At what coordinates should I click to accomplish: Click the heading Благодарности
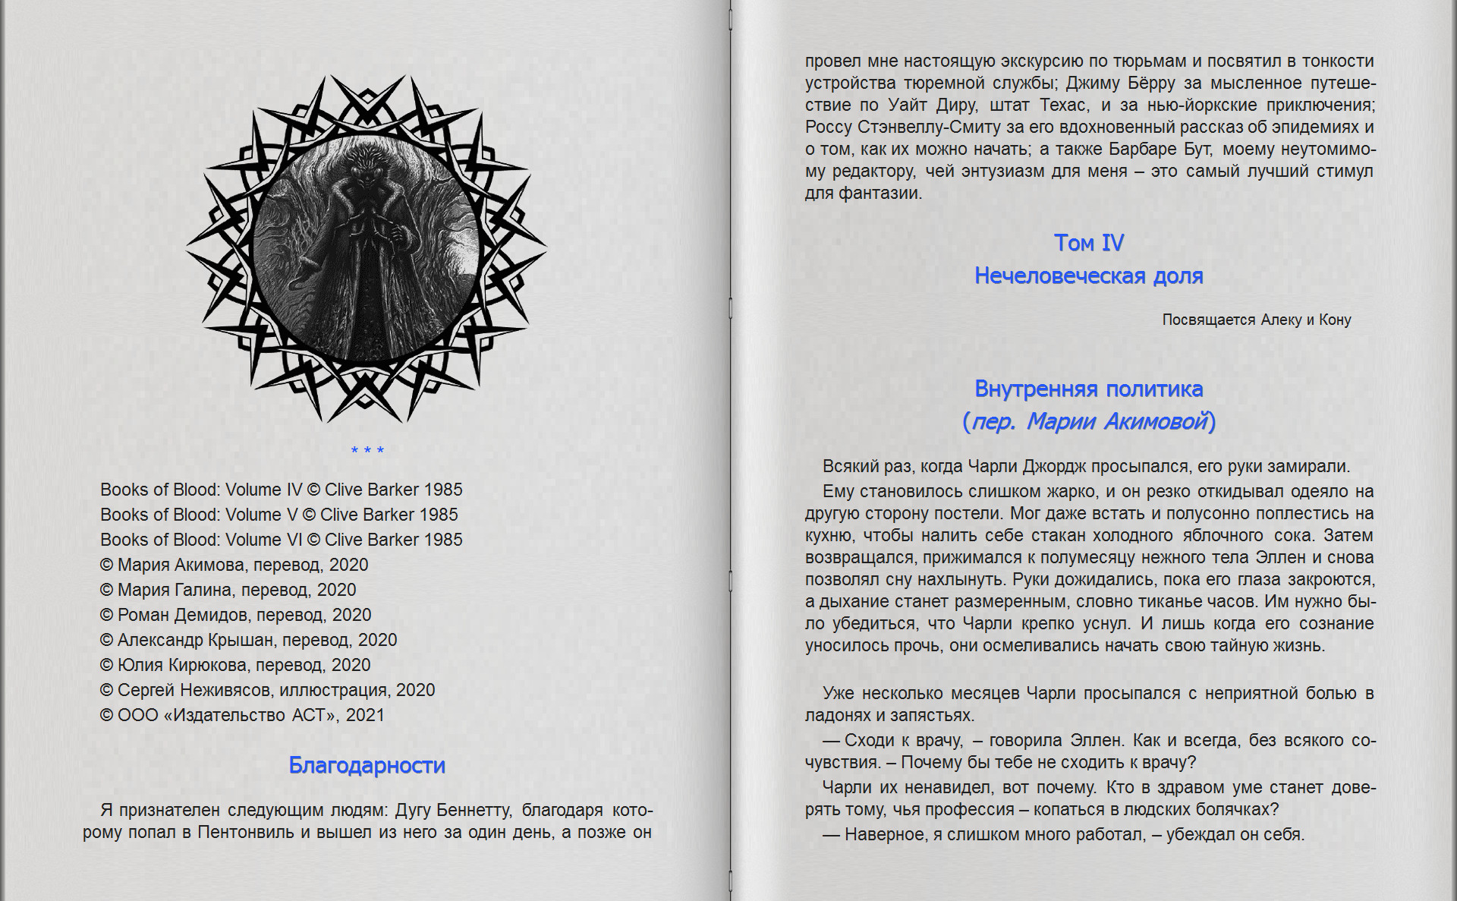[x=367, y=765]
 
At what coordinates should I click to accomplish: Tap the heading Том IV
[x=1088, y=243]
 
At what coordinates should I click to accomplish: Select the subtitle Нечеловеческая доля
[x=1088, y=276]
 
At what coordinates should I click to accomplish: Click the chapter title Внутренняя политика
[x=1088, y=389]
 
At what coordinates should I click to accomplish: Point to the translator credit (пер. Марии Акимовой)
[x=1088, y=421]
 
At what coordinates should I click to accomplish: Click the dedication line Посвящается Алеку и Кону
[x=1256, y=320]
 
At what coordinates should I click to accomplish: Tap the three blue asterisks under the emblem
[x=367, y=451]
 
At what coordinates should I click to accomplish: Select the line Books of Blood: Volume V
[x=278, y=515]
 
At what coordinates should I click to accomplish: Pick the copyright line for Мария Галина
[x=228, y=590]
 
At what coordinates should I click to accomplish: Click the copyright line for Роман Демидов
[x=235, y=615]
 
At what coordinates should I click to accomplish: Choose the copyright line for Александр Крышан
[x=248, y=640]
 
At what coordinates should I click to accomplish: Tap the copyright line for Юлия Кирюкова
[x=235, y=665]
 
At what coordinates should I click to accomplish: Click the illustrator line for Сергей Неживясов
[x=267, y=690]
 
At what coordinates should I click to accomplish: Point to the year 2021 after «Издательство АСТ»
[x=365, y=715]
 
